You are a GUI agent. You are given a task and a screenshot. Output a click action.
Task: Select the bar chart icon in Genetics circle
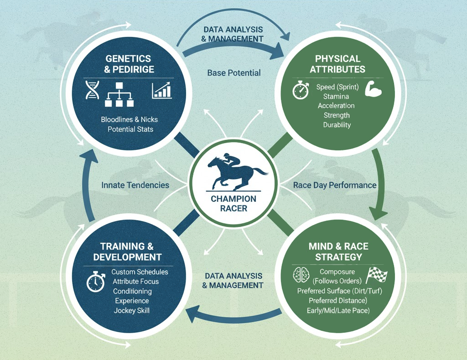(x=162, y=90)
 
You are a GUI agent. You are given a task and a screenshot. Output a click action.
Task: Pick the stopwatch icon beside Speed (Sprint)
(x=301, y=90)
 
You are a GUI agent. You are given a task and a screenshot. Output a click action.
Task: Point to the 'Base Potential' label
(x=234, y=73)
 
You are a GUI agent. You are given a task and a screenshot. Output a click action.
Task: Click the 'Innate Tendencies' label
(x=135, y=185)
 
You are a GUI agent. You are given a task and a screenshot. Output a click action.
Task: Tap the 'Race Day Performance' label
(x=335, y=185)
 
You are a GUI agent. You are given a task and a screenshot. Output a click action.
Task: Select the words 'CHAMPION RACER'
(x=233, y=204)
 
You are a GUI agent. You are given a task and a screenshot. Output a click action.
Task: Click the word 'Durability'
(x=337, y=125)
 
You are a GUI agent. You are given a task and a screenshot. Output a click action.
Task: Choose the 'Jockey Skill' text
(x=132, y=311)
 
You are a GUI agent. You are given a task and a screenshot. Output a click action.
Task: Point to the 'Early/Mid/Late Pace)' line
(x=338, y=311)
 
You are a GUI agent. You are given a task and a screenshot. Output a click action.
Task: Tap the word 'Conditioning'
(x=132, y=291)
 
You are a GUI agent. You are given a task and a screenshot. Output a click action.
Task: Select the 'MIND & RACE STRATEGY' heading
(x=338, y=252)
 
